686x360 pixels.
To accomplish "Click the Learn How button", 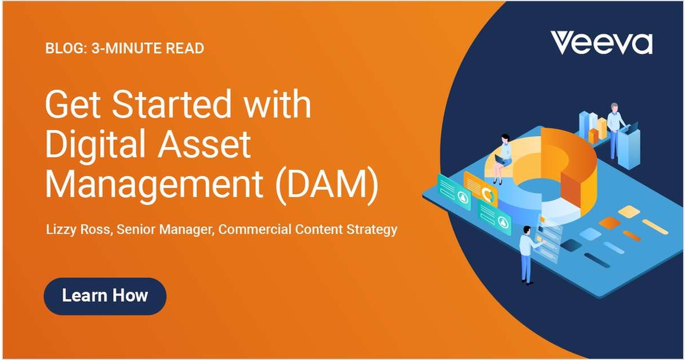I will tap(105, 296).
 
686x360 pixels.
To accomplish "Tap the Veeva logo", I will tap(601, 43).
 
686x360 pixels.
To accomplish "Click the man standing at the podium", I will tap(615, 129).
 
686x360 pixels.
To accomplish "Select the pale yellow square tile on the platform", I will tap(629, 211).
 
